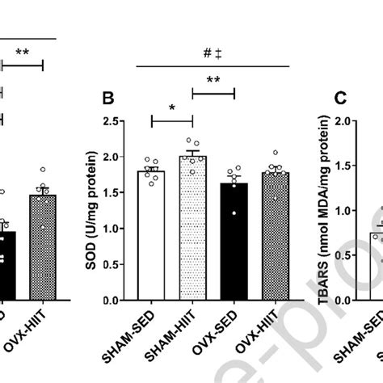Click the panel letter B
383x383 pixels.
coord(109,100)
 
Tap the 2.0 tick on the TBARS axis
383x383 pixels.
coord(356,122)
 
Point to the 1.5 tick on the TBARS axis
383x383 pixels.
coord(356,166)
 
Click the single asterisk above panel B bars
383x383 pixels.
coord(171,108)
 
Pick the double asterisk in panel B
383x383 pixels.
coord(213,81)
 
